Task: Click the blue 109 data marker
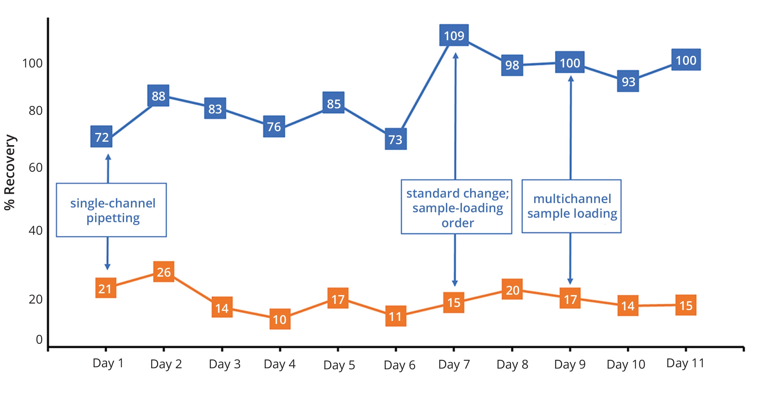click(454, 35)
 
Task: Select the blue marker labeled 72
click(101, 137)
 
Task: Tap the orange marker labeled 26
click(164, 272)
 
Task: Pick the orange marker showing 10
click(280, 319)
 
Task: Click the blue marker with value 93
click(628, 81)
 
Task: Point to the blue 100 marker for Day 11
click(686, 60)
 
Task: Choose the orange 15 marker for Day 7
click(454, 303)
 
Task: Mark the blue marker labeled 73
click(395, 139)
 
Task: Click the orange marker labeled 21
click(106, 288)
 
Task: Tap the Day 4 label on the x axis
click(280, 364)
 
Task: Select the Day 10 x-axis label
click(626, 365)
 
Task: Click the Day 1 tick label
click(108, 363)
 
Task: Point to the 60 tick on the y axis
click(35, 168)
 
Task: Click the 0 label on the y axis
click(39, 339)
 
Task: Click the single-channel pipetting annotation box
click(111, 210)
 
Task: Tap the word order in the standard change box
click(457, 223)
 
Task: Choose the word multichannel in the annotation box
click(572, 199)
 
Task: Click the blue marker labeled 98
click(512, 65)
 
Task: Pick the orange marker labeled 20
click(512, 290)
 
